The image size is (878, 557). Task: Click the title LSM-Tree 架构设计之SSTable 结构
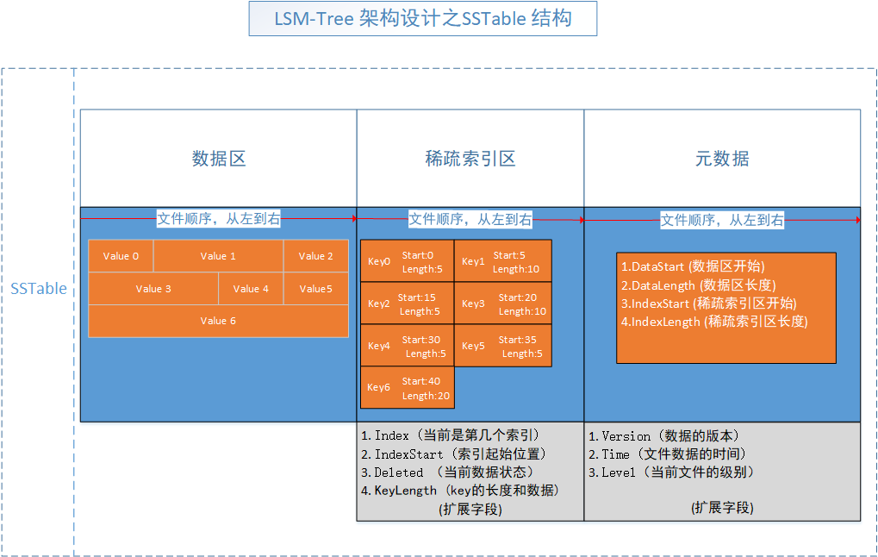click(422, 18)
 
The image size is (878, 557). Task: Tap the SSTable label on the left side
click(39, 289)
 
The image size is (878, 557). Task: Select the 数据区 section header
click(219, 159)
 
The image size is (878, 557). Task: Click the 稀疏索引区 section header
click(470, 159)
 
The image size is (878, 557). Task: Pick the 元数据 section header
click(722, 159)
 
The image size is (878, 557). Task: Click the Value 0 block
click(121, 256)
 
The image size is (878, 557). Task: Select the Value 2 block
click(316, 256)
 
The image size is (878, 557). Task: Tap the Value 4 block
click(251, 289)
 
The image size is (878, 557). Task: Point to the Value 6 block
click(219, 321)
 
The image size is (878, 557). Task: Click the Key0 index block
click(408, 260)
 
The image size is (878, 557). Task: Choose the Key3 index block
click(503, 304)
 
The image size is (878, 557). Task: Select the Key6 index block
click(408, 387)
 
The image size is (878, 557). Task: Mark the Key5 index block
click(503, 346)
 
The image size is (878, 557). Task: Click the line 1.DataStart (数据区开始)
click(693, 266)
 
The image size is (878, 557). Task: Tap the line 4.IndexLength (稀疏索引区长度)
click(714, 322)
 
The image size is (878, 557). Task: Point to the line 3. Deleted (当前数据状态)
click(448, 473)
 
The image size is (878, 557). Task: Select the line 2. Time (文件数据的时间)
click(667, 454)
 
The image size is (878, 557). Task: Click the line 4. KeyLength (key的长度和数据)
click(461, 491)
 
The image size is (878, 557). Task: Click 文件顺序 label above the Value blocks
click(218, 219)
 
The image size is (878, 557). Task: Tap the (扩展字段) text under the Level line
click(722, 508)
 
